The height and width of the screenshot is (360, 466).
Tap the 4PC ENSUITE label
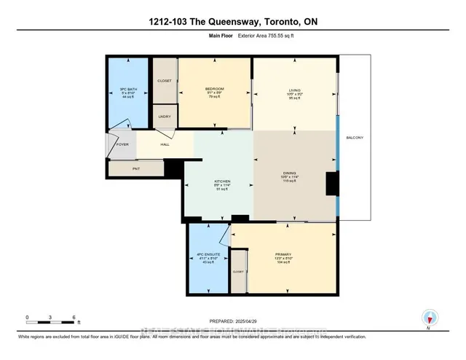(x=208, y=254)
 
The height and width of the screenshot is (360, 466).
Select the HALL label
(x=165, y=144)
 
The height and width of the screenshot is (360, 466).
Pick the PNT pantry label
(x=135, y=168)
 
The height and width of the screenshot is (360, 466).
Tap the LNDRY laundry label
(x=164, y=115)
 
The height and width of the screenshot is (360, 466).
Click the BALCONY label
(x=355, y=138)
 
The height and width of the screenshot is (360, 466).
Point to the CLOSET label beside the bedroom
(x=165, y=80)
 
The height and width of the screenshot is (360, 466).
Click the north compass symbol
(x=429, y=318)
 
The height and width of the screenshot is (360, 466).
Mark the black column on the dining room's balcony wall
(x=332, y=183)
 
